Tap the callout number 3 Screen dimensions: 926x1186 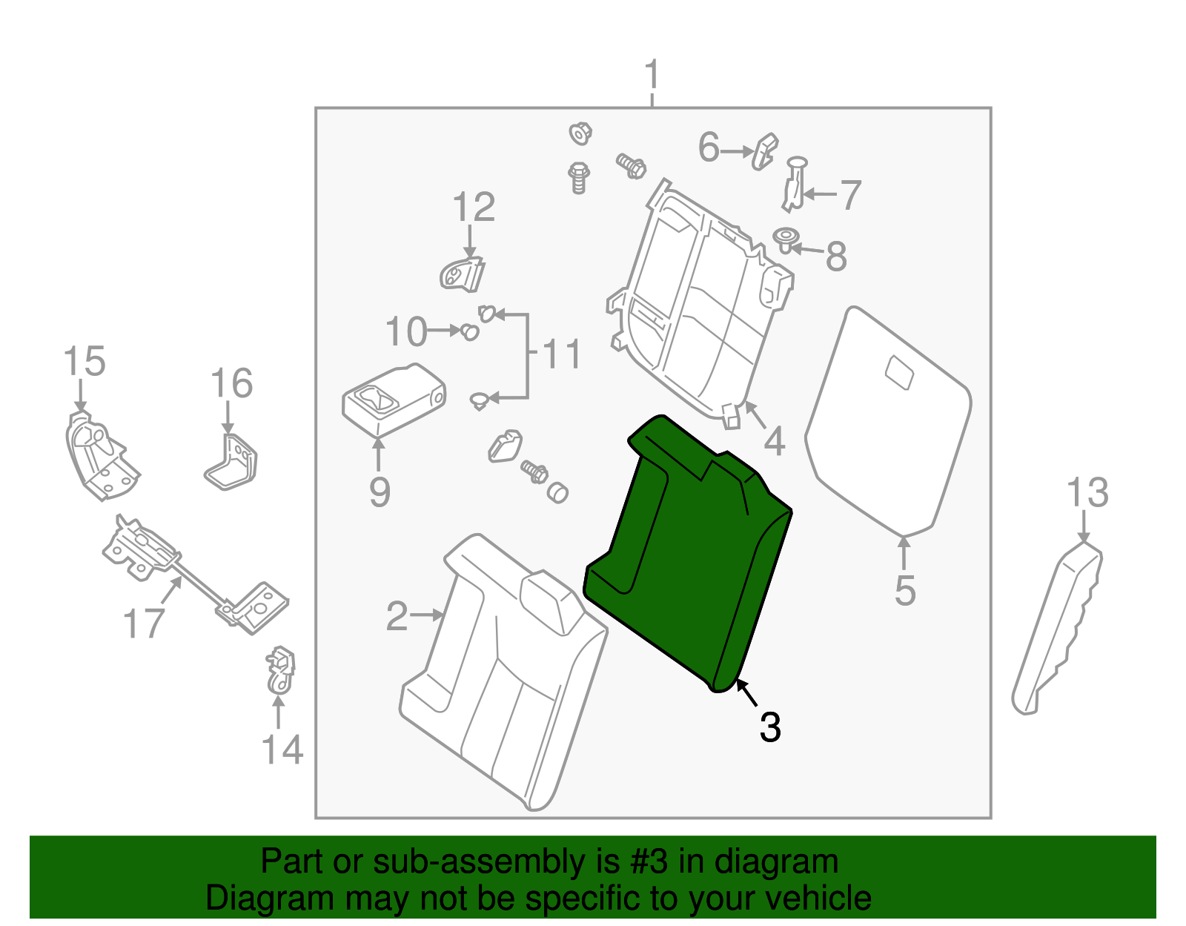770,727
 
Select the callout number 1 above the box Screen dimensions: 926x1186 652,76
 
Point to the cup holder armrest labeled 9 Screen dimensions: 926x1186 393,400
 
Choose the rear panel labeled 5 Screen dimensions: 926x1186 889,423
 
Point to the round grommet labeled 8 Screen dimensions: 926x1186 786,239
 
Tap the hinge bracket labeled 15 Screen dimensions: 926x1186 100,456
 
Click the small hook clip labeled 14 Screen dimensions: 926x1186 280,669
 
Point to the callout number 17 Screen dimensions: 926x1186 143,623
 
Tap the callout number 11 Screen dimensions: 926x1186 563,354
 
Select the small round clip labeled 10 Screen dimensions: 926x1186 469,331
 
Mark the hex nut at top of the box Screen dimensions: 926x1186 580,134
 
